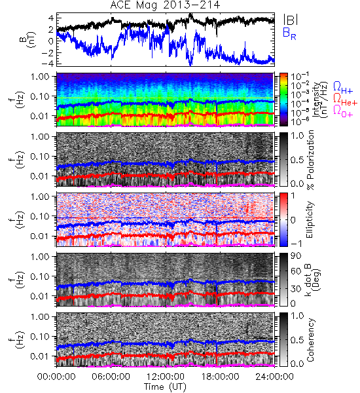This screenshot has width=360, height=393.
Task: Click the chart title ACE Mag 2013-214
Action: pos(165,5)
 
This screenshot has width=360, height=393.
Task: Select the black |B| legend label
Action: pos(291,20)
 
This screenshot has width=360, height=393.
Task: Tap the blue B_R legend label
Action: pos(289,33)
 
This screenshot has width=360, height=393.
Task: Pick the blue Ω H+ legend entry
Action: pos(343,88)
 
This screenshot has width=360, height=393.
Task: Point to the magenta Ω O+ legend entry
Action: pos(343,111)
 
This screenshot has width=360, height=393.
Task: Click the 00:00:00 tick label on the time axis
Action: pos(56,377)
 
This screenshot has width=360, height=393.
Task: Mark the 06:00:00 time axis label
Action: pos(111,377)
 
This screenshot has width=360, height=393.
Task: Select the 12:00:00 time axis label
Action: pos(166,377)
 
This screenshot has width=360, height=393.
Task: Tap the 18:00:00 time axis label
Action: pos(220,377)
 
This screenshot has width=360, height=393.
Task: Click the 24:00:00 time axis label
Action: pos(274,377)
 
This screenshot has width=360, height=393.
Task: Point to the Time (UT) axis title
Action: pos(165,387)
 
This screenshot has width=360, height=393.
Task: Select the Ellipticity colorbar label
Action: pos(310,219)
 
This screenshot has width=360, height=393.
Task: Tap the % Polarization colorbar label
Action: pos(310,160)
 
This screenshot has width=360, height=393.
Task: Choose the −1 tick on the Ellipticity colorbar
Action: pos(296,244)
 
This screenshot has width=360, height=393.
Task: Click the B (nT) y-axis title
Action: pos(29,40)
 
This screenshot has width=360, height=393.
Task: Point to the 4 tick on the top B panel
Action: pos(51,18)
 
